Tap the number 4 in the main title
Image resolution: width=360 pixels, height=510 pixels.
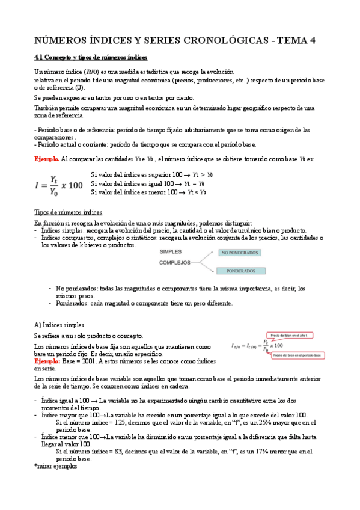pos(312,40)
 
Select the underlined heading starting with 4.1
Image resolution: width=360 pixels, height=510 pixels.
pos(90,58)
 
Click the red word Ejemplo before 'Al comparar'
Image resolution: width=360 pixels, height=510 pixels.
pos(47,159)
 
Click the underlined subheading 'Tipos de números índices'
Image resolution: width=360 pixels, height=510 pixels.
pos(68,212)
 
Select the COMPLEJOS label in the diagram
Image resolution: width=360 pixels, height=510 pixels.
pos(175,263)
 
